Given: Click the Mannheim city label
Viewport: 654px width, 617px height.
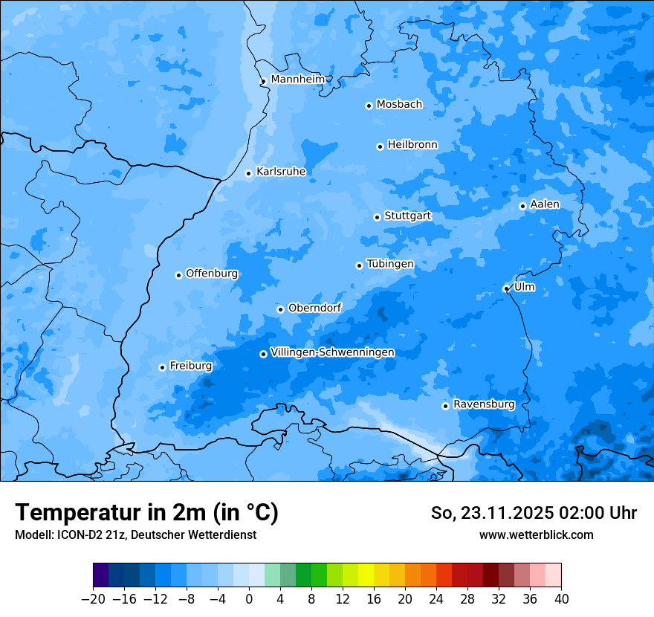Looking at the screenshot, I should [x=297, y=79].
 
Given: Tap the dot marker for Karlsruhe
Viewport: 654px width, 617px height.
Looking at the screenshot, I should [x=249, y=173].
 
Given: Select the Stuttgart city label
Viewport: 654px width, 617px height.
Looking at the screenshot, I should [x=407, y=216].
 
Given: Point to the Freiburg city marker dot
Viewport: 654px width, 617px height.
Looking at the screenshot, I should [x=162, y=367].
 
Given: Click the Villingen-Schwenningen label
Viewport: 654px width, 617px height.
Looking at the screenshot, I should [x=332, y=352].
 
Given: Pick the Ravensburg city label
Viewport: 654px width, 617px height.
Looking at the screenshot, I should [x=484, y=404].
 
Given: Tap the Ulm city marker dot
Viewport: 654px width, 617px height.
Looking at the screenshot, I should [x=506, y=288].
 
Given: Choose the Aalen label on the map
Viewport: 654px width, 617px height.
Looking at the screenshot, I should [x=545, y=204].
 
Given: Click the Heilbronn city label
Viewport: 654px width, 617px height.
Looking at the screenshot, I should [x=412, y=144].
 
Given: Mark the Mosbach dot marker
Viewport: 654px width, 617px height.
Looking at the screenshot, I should [x=369, y=106].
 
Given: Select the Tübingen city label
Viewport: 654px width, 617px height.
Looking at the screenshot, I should [x=390, y=264].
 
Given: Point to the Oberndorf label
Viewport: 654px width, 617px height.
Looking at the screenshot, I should [x=314, y=308].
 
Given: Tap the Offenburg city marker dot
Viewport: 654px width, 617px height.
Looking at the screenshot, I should [x=178, y=275].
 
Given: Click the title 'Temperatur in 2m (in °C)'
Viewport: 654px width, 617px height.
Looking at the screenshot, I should [x=146, y=512].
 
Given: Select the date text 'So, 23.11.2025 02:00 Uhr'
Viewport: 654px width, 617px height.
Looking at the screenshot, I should [x=534, y=513].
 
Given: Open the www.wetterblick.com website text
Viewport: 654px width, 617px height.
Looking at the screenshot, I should [x=536, y=534].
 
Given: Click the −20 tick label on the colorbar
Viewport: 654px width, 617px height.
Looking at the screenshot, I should [x=93, y=599].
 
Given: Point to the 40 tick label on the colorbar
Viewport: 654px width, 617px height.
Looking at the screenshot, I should [x=561, y=599].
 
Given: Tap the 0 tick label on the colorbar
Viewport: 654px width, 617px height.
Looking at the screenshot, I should [x=249, y=599].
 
